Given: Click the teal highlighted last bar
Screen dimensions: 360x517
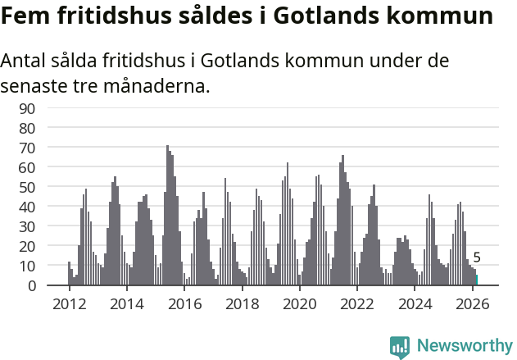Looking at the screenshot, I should point(477,280).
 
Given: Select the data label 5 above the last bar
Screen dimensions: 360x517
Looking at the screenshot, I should point(477,257).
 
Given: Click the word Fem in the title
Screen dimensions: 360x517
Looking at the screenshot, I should point(23,16).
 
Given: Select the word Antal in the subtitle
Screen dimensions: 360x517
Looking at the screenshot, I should point(23,62).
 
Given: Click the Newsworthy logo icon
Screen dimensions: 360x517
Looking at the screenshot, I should point(400,347).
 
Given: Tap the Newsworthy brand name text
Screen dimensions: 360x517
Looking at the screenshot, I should point(465,346).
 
